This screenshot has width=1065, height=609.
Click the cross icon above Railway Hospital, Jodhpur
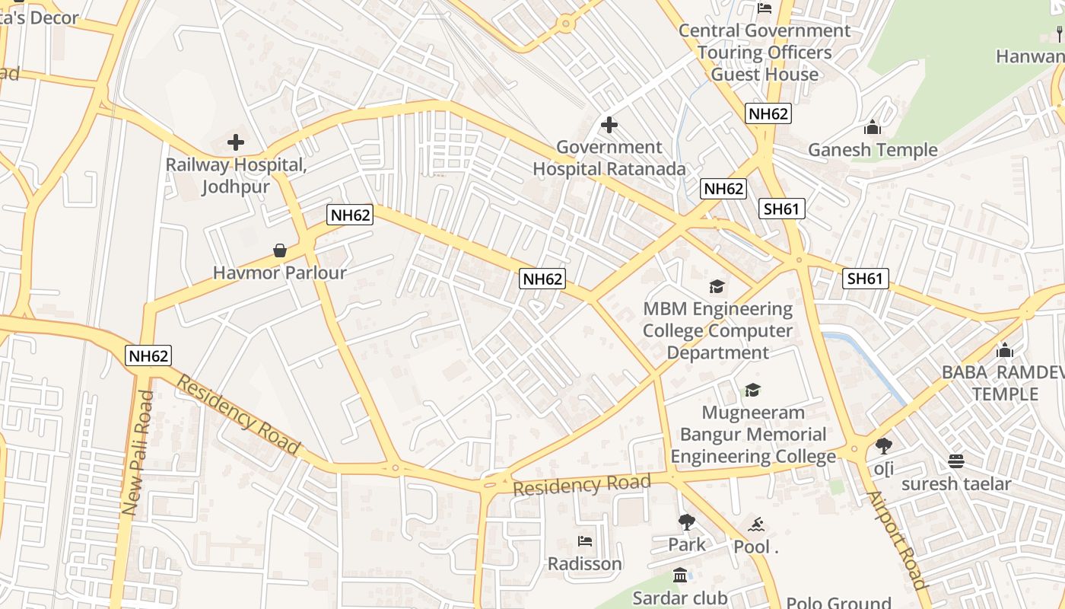[x=236, y=142]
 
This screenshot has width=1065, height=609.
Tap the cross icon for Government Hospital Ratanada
[x=609, y=124]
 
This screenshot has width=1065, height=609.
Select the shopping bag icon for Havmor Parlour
[x=280, y=250]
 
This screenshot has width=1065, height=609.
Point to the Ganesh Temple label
[x=873, y=150]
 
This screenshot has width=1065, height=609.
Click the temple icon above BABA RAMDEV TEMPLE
[x=1005, y=350]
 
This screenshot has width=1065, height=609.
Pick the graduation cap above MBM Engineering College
[x=717, y=286]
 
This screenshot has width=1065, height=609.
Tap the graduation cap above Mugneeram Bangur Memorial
[x=752, y=390]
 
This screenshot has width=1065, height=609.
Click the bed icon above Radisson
[x=585, y=541]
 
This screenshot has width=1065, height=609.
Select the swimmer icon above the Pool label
[x=756, y=525]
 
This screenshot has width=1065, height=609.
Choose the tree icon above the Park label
[x=687, y=522]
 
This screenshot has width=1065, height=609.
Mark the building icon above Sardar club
[x=680, y=576]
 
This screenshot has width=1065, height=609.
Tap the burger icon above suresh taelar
[x=956, y=461]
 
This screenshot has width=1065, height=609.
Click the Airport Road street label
[x=898, y=540]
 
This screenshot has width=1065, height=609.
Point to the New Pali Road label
[x=138, y=454]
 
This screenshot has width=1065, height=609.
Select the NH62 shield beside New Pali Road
[x=148, y=356]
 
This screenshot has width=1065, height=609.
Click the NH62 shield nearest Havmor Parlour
[x=351, y=215]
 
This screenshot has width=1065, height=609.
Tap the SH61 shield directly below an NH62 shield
[x=782, y=209]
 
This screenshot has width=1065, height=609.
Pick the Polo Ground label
[x=838, y=602]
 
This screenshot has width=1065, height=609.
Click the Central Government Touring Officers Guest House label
[x=764, y=53]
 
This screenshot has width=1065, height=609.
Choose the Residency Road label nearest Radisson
[x=582, y=485]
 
